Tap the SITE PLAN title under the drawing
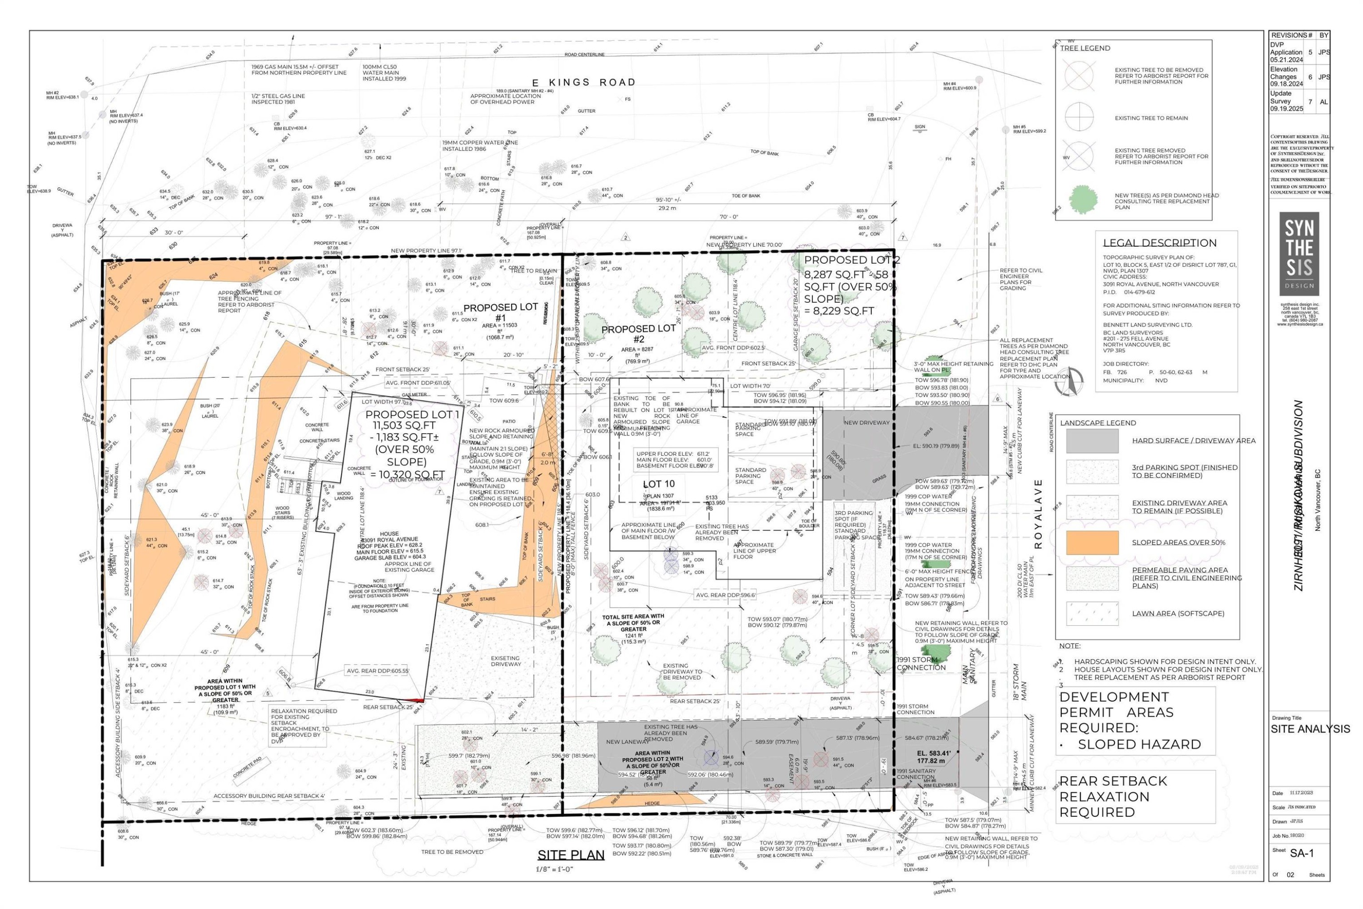point(571,855)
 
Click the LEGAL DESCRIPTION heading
point(1159,243)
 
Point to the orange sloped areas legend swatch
point(1092,543)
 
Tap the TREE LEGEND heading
point(1085,48)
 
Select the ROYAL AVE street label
point(1038,514)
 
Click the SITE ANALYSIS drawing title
point(1310,729)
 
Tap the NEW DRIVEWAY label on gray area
point(866,423)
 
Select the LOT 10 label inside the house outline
point(659,484)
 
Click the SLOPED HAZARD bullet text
point(1139,744)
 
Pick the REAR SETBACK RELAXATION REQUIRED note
point(1113,797)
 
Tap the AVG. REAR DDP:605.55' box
point(377,671)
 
